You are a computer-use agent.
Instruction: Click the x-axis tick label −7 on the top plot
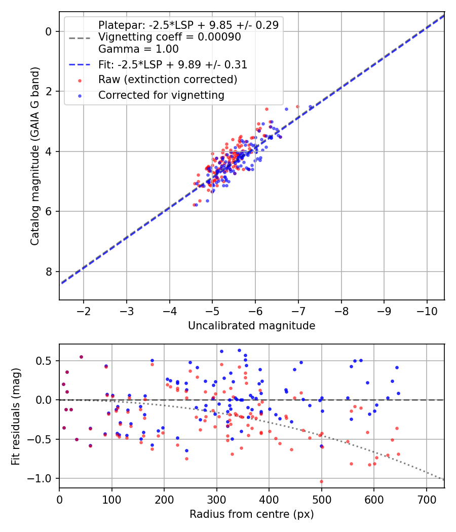tap(298, 311)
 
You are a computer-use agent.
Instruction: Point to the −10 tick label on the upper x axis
tap(427, 311)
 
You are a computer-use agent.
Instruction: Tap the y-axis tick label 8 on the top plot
tap(48, 272)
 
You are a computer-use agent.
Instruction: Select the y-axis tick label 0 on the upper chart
tap(48, 31)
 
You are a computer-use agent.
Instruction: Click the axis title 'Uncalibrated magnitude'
tap(252, 326)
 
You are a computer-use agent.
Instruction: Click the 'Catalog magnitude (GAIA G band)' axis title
tap(35, 156)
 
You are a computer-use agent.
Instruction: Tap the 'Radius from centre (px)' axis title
tap(252, 514)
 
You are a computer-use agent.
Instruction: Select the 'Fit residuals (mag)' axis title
tap(16, 416)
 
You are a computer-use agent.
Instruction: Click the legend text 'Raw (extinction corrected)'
tap(168, 80)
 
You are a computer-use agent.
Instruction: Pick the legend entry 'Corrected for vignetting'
tap(162, 95)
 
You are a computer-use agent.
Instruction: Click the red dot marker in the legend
tap(80, 81)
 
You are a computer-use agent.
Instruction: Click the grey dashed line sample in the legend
tap(80, 38)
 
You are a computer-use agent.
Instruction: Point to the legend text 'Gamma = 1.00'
tap(138, 49)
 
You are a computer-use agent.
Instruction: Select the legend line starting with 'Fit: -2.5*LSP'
tap(173, 64)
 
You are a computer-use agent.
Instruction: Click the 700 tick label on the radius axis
tap(426, 500)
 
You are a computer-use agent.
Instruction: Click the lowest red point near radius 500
tap(321, 481)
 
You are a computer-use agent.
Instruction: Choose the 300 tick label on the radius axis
tap(216, 500)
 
